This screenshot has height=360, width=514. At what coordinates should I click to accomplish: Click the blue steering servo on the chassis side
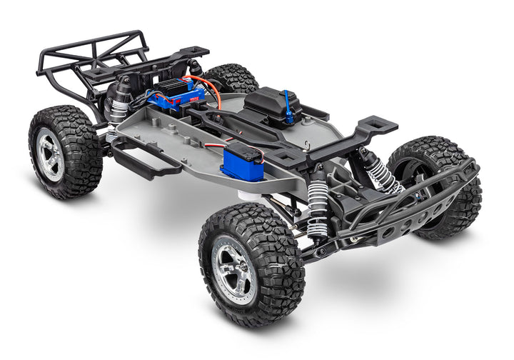(x=243, y=160)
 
